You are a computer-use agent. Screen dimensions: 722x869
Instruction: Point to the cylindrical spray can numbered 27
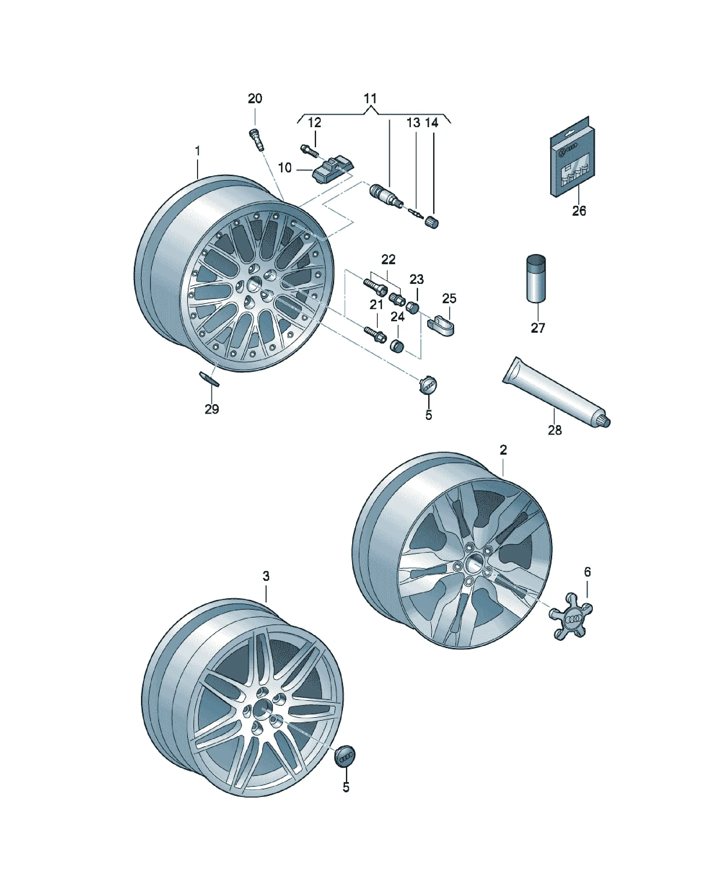click(x=536, y=279)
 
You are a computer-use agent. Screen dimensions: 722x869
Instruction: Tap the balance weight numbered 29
click(x=210, y=378)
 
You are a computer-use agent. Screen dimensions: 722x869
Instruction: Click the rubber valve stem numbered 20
click(x=255, y=139)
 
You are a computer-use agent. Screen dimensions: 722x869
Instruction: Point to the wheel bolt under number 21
click(x=375, y=334)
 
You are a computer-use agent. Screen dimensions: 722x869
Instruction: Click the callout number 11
click(x=370, y=98)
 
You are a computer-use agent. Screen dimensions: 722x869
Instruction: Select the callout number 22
click(x=388, y=260)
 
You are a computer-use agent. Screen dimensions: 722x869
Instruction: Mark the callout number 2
click(x=503, y=450)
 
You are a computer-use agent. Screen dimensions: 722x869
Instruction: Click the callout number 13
click(x=413, y=123)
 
